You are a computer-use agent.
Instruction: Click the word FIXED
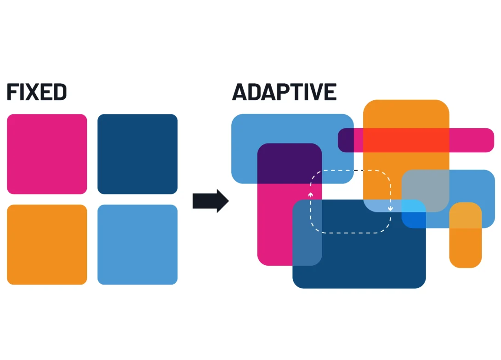tap(37, 92)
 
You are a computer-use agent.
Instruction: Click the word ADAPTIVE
tap(284, 92)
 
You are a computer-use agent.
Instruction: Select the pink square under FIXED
tap(47, 154)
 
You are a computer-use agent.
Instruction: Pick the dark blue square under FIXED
tap(137, 154)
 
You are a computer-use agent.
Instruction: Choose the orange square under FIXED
tap(47, 245)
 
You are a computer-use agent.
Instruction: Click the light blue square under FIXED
tap(137, 245)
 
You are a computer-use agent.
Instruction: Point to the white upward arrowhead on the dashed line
tap(311, 195)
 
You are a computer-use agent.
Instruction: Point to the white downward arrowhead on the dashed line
tap(390, 209)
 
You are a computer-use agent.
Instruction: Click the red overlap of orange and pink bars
tap(406, 140)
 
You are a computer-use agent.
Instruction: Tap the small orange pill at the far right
tap(465, 248)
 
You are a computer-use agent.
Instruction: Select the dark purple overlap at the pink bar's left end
tap(346, 140)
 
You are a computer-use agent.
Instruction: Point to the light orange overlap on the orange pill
tap(465, 215)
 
